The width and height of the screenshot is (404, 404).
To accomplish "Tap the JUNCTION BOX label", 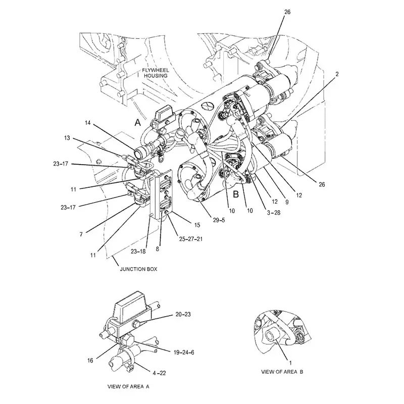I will tap(138, 269).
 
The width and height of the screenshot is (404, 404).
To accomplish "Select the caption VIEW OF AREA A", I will tap(128, 386).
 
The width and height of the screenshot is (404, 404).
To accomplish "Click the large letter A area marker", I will tap(137, 122).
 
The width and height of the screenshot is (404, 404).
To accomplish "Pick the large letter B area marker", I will tap(235, 191).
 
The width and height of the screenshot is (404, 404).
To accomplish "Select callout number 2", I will tap(337, 74).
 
